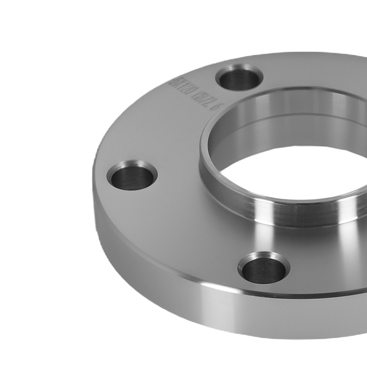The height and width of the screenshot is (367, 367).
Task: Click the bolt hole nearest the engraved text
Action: [x=240, y=78]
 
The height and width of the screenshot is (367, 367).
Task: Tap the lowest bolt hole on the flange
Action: [x=264, y=268]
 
